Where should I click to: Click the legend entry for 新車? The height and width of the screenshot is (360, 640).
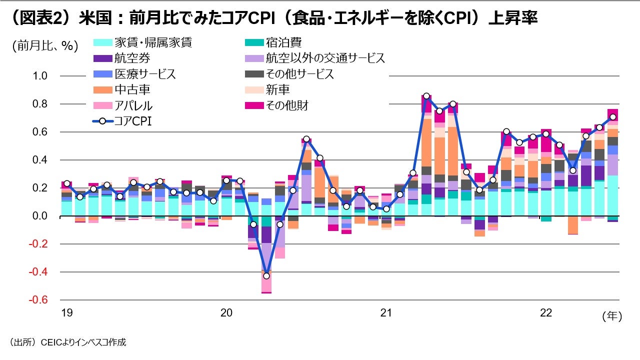277,90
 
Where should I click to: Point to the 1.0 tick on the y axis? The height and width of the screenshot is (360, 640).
40,76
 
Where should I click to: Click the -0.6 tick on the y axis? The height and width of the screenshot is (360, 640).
38,300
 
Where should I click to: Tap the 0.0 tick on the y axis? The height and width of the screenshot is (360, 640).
40,216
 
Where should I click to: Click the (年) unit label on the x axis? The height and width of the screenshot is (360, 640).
611,315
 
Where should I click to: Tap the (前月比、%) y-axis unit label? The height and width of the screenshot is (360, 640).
45,46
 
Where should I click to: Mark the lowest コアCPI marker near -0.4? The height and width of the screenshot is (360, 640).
266,275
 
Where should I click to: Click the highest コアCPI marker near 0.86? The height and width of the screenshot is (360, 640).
426,96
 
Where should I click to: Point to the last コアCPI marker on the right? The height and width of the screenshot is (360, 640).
612,117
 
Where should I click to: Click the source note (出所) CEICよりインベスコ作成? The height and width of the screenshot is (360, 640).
67,342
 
